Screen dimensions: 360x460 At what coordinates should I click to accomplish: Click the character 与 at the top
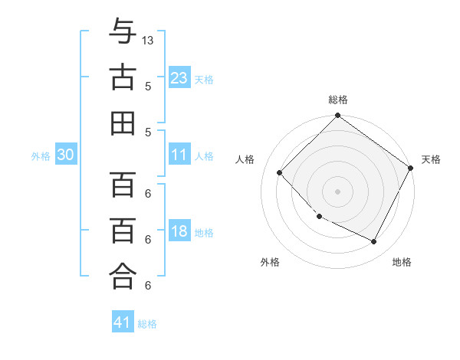coord(123,32)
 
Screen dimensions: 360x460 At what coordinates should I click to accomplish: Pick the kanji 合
coord(123,277)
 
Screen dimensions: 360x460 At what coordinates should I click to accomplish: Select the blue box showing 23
coord(179,77)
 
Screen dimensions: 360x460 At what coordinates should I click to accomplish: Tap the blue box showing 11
coord(179,155)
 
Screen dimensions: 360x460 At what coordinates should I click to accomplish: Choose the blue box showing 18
coord(179,231)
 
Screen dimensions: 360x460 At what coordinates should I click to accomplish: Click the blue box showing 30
coord(66,155)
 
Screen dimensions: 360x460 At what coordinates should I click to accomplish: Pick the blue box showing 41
coord(123,322)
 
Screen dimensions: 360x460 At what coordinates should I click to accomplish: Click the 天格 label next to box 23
coord(204,79)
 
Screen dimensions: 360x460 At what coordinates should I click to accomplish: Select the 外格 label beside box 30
coord(41,156)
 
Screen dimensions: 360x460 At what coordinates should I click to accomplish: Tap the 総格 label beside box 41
coord(147,324)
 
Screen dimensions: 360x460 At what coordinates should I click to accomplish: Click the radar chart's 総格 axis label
coord(337,100)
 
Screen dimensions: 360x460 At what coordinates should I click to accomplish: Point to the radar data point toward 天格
coord(411,168)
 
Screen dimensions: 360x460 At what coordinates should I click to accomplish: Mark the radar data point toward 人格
coord(280,172)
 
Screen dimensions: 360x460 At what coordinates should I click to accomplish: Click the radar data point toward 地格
coord(374,242)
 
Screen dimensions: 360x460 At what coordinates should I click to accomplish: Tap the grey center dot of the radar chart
coord(337,191)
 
